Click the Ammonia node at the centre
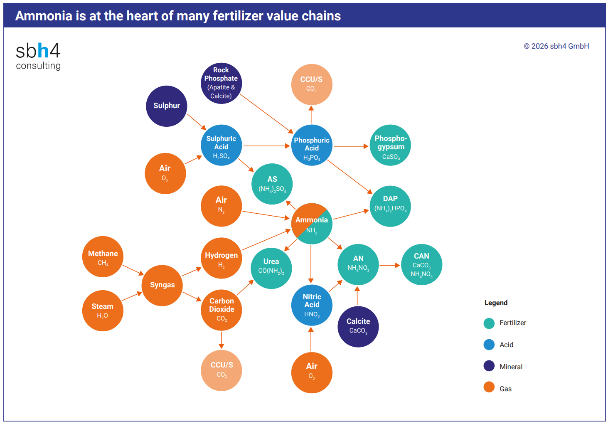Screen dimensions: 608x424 [312, 224]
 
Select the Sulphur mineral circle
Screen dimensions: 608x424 [166, 106]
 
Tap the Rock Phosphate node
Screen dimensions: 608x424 [221, 83]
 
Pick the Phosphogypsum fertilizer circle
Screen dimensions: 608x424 [390, 145]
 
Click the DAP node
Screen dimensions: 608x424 [390, 206]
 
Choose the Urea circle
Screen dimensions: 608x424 [271, 268]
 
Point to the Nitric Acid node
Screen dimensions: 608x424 [312, 305]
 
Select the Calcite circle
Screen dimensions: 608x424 [358, 326]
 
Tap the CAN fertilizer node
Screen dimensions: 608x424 [421, 264]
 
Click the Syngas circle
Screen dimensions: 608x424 [162, 285]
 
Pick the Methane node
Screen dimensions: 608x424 [103, 256]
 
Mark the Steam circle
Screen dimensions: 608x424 [103, 310]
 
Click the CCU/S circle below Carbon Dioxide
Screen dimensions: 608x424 [221, 370]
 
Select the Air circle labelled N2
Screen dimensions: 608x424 [221, 206]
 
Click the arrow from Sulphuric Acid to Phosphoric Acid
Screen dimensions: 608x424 [266, 146]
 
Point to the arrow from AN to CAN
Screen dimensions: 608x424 [389, 265]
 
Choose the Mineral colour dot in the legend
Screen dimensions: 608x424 [489, 366]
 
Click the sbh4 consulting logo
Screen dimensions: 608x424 [38, 56]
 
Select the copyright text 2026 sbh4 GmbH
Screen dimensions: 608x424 [556, 46]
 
